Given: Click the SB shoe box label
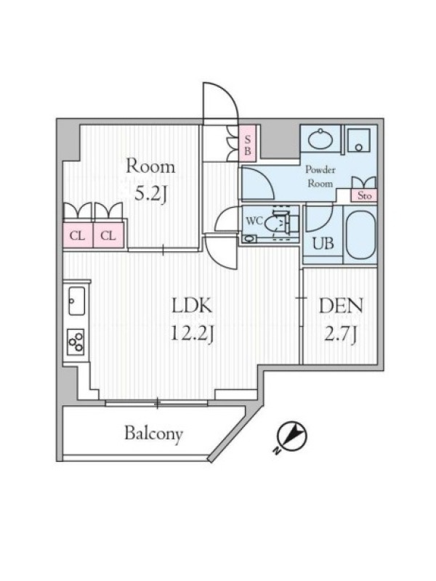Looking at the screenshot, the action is pos(247,144).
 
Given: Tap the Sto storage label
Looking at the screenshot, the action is pos(364,195).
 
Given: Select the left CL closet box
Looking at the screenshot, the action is pos(78,235).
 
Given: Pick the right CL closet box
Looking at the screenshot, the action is pos(108,235).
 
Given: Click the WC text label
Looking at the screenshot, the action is pos(254,221).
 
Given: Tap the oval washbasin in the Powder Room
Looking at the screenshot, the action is pos(320,139).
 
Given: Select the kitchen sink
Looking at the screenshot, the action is pos(76,301).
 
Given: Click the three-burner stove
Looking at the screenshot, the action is pos(76,342).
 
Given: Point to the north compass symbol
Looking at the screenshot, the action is pos(292,436).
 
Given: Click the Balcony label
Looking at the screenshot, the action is pos(153,434).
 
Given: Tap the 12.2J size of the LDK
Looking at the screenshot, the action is pos(192,333).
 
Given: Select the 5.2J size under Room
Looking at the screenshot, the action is pos(150,193).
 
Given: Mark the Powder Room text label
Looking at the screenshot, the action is pos(320,176).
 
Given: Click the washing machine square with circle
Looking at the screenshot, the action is pos(358,140).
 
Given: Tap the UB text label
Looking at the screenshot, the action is pos(323,243).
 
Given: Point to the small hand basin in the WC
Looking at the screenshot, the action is pos(250,238).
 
